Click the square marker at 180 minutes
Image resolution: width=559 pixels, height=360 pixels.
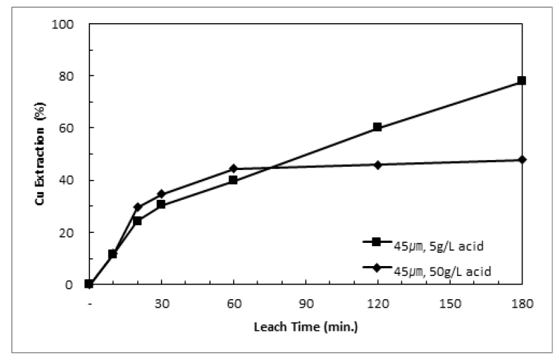pyautogui.click(x=522, y=81)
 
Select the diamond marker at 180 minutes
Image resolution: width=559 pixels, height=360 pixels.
pyautogui.click(x=522, y=159)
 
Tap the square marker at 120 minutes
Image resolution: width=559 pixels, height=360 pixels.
pyautogui.click(x=378, y=127)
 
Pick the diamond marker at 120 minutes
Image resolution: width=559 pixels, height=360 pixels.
pyautogui.click(x=378, y=164)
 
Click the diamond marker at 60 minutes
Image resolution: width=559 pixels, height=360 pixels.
pyautogui.click(x=233, y=168)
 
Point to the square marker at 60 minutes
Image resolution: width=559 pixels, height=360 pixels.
pyautogui.click(x=233, y=180)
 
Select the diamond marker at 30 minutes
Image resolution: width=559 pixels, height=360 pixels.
pyautogui.click(x=161, y=194)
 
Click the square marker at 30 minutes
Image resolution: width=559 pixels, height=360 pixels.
pyautogui.click(x=161, y=204)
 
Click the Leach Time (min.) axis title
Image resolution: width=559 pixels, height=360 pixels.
pyautogui.click(x=305, y=326)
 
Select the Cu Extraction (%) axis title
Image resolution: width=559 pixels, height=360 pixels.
pyautogui.click(x=40, y=155)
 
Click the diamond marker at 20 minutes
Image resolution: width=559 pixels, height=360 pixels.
pyautogui.click(x=137, y=207)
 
